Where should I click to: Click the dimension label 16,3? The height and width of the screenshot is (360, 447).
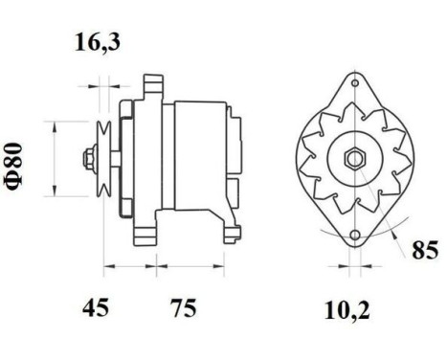[99, 43]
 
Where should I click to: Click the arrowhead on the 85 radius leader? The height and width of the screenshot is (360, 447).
[394, 230]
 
